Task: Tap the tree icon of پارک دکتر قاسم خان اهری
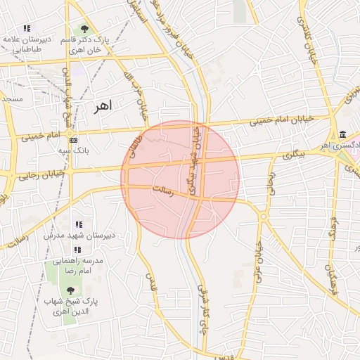tap(85, 29)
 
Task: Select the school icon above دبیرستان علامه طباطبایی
tap(27, 29)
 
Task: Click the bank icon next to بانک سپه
tap(74, 140)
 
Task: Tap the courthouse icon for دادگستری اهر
tap(342, 135)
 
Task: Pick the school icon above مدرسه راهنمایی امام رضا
tap(78, 249)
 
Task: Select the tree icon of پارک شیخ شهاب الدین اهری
tap(70, 290)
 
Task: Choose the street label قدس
tap(148, 283)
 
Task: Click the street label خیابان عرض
tap(258, 257)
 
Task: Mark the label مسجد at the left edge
tap(11, 99)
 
